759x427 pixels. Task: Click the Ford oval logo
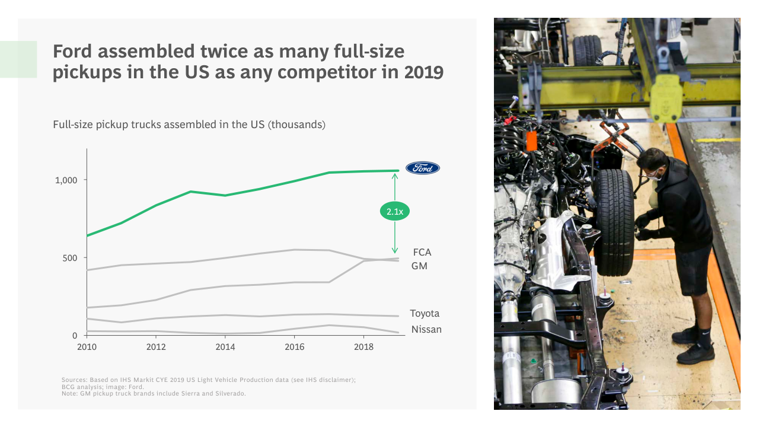[423, 168]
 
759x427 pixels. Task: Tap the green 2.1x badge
[395, 211]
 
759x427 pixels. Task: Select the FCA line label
[422, 253]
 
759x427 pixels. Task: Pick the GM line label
[419, 266]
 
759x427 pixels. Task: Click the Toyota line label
[425, 314]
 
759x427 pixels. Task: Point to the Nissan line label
[426, 330]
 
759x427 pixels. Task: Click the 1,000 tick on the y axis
[66, 180]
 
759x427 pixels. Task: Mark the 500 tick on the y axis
[71, 258]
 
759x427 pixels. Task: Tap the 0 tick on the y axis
[75, 336]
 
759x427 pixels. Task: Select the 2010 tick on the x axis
[87, 347]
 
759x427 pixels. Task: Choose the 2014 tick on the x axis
[225, 347]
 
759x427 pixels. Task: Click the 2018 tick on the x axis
[363, 347]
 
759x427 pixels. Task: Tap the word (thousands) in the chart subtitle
[296, 125]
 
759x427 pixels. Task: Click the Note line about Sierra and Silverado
[154, 393]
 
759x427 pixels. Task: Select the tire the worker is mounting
[614, 222]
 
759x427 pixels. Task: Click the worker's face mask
[654, 175]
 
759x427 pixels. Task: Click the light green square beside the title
[18, 59]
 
